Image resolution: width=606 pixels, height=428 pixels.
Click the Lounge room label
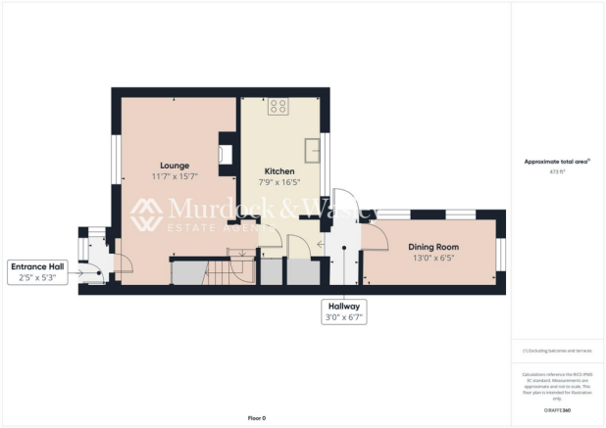pyautogui.click(x=175, y=166)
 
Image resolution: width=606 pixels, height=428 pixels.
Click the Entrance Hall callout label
pyautogui.click(x=38, y=266)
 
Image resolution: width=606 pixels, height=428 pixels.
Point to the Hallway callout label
pyautogui.click(x=343, y=306)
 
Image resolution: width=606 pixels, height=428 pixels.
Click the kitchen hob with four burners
pyautogui.click(x=278, y=107)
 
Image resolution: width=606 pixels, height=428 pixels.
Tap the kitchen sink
pyautogui.click(x=315, y=149)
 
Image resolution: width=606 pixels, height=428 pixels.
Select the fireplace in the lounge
pyautogui.click(x=227, y=152)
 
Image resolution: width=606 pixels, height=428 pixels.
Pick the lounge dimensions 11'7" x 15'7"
pyautogui.click(x=175, y=177)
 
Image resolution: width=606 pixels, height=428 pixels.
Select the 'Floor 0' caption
pyautogui.click(x=256, y=418)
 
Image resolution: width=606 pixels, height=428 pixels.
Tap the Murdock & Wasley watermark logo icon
pyautogui.click(x=147, y=214)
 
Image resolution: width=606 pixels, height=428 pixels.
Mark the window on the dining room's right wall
pyautogui.click(x=500, y=252)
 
